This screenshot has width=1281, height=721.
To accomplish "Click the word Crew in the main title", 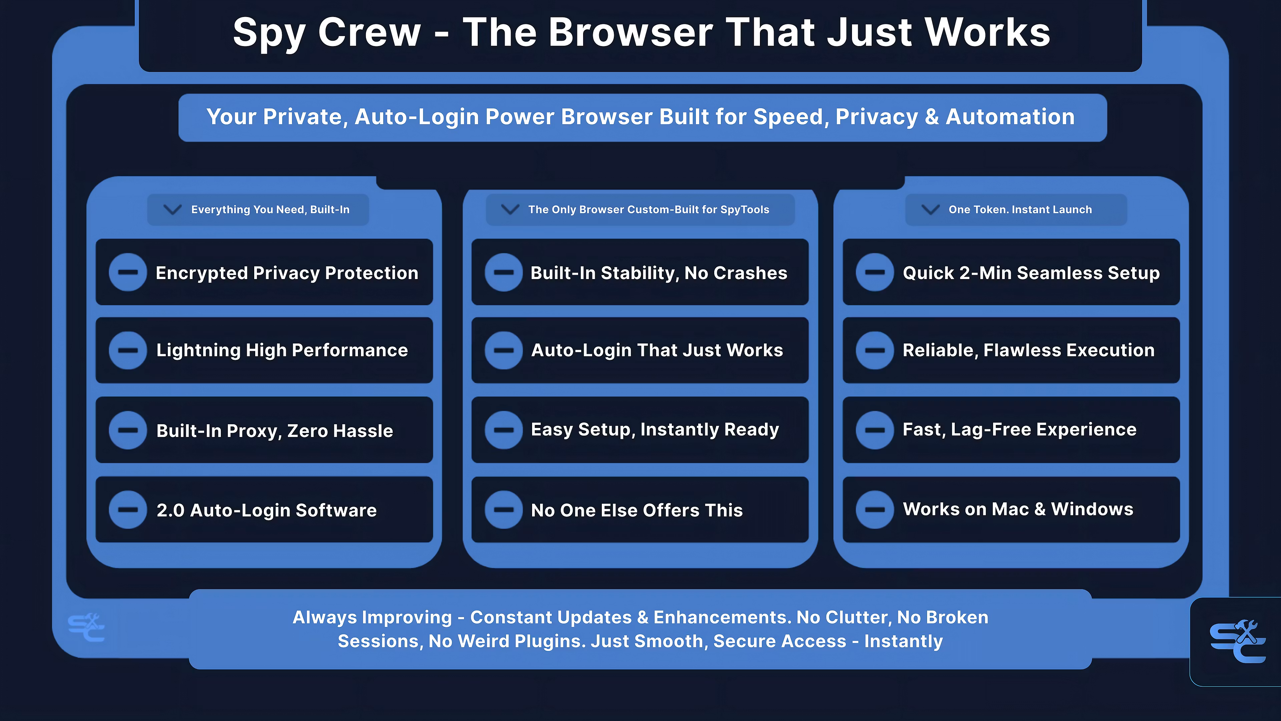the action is [x=370, y=32].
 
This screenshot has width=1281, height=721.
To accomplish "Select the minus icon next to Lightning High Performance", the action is [x=128, y=350].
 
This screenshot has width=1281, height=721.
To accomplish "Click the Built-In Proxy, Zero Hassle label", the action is [x=275, y=430].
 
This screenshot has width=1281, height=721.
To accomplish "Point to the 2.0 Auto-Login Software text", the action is [x=267, y=510].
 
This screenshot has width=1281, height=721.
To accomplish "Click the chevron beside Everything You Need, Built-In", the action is [x=172, y=210].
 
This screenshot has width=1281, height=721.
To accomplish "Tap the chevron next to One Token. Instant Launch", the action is [x=930, y=210].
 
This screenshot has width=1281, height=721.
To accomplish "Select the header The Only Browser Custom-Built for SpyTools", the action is [x=649, y=210].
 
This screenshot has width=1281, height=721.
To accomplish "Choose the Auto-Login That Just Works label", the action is [x=657, y=350].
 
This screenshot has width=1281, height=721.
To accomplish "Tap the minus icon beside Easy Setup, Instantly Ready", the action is [x=504, y=430].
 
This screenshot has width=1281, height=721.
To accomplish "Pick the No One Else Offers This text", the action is [x=636, y=510].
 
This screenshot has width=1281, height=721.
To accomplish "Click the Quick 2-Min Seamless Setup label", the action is [x=1031, y=273].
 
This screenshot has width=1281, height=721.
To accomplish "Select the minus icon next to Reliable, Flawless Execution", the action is [x=875, y=350].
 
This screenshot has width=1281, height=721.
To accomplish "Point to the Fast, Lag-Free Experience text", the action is [x=1019, y=429].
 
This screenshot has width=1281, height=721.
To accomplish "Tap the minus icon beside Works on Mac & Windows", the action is [x=875, y=509].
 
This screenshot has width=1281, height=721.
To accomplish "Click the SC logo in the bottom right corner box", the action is [x=1238, y=641].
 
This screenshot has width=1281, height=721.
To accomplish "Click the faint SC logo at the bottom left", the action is [x=86, y=628].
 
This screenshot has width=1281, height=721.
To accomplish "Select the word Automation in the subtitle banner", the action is [x=1010, y=117].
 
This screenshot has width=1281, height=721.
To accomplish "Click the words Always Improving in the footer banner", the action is [x=372, y=618].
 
